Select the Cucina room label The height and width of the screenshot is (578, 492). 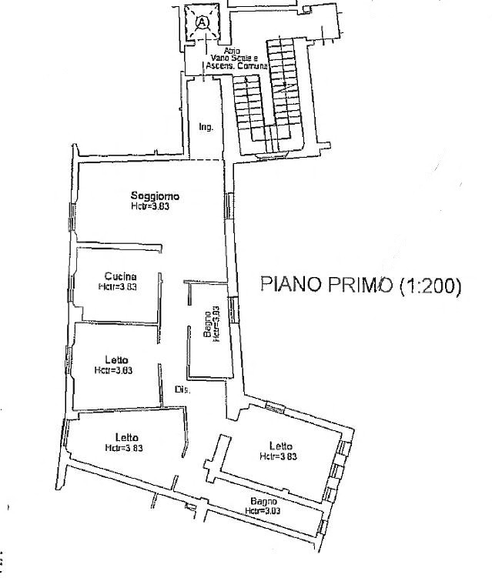tap(121, 277)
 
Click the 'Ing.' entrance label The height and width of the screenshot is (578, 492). tap(205, 127)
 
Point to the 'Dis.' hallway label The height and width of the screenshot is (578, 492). tap(182, 389)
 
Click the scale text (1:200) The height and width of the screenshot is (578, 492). tap(430, 286)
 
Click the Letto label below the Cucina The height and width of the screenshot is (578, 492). tap(117, 359)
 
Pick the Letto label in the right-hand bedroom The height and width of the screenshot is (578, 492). tap(281, 446)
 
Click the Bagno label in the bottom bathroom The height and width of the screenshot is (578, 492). tap(260, 502)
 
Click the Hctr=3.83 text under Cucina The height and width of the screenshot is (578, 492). tap(118, 287)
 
